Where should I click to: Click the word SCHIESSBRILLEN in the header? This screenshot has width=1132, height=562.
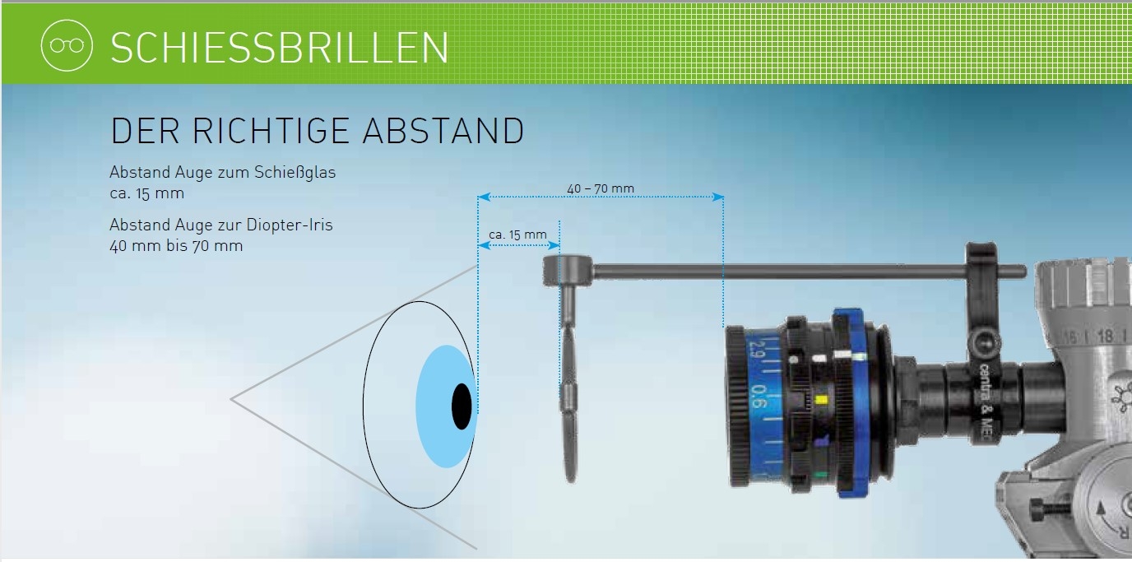pyautogui.click(x=279, y=49)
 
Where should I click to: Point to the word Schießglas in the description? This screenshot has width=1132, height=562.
pyautogui.click(x=295, y=174)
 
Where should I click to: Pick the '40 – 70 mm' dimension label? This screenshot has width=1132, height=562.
pyautogui.click(x=601, y=188)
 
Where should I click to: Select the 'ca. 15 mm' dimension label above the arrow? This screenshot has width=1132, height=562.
pyautogui.click(x=517, y=235)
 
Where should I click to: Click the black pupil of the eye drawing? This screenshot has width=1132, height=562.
pyautogui.click(x=462, y=406)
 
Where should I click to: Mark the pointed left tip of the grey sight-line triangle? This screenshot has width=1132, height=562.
pyautogui.click(x=233, y=399)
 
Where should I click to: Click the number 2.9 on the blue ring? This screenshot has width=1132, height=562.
pyautogui.click(x=754, y=356)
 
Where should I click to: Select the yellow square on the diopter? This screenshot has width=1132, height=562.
pyautogui.click(x=822, y=401)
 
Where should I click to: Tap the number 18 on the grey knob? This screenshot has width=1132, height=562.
pyautogui.click(x=1104, y=336)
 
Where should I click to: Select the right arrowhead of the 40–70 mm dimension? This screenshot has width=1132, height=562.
pyautogui.click(x=718, y=197)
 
